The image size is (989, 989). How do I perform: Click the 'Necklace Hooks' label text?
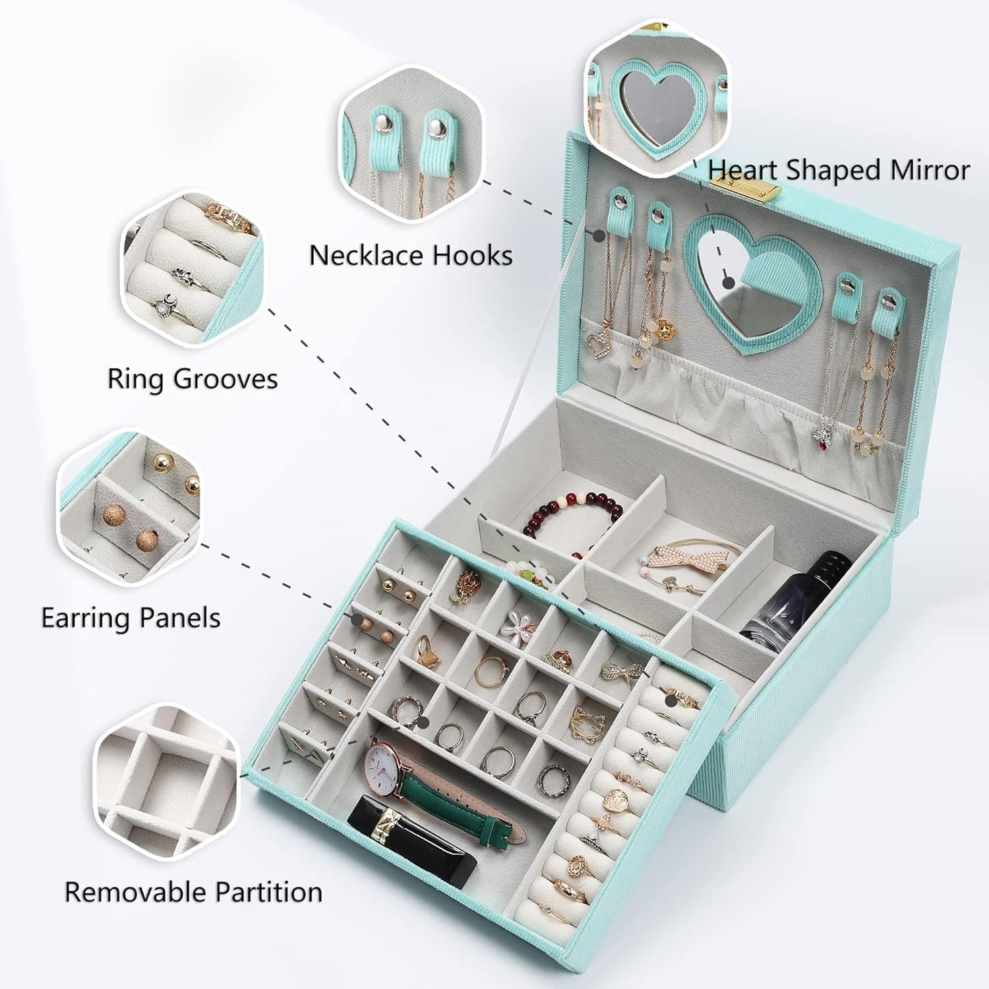(x=410, y=256)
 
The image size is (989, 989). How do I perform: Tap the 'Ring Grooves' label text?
(x=193, y=379)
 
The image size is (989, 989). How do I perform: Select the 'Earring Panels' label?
(x=131, y=618)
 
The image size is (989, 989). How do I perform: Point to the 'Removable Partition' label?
(x=193, y=892)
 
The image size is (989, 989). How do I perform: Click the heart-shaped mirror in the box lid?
(x=732, y=277)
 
